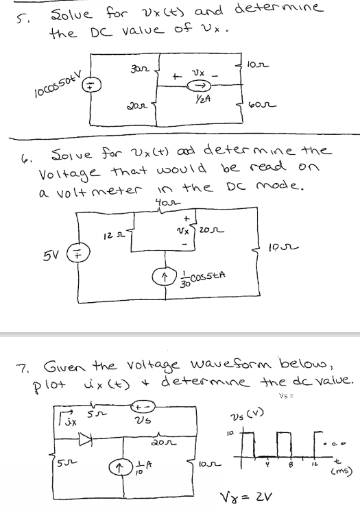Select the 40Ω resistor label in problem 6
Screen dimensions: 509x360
pyautogui.click(x=165, y=203)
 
